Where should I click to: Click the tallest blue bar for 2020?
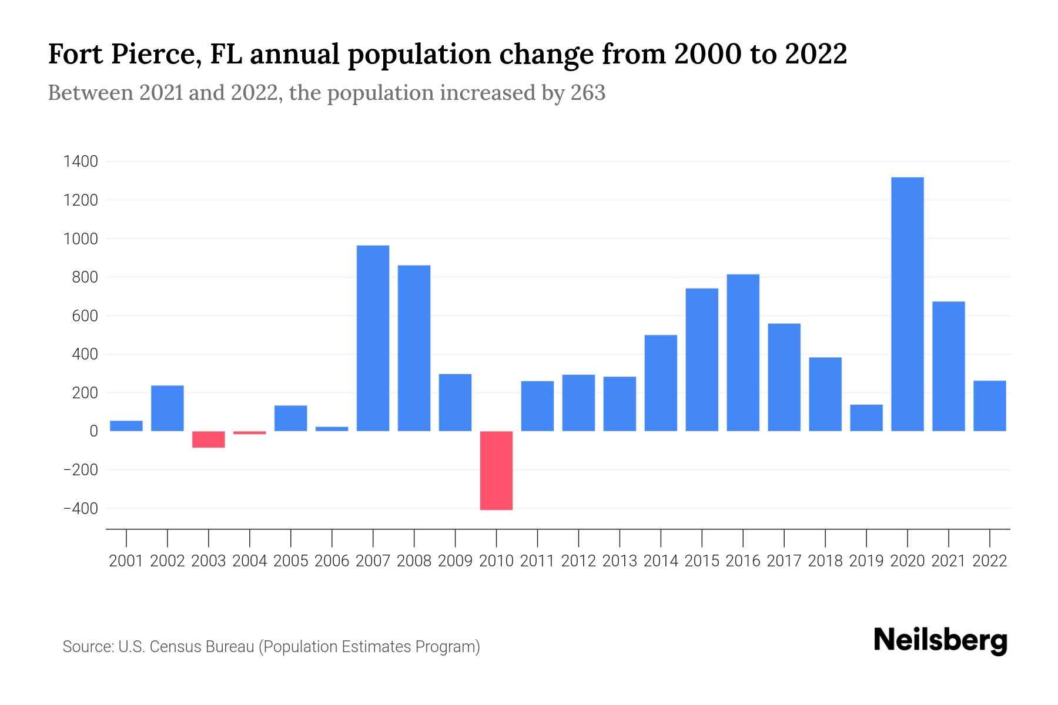pos(907,304)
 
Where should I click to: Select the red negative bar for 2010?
pos(496,470)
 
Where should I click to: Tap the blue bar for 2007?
pos(373,338)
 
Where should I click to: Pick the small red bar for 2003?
pos(209,439)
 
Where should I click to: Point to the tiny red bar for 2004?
pos(250,433)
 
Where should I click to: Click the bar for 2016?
pos(743,352)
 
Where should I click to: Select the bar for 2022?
pos(989,406)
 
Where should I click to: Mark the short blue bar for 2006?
pos(332,429)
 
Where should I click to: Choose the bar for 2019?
pos(866,418)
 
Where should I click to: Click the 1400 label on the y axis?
pos(81,162)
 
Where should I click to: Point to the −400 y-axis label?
pos(81,509)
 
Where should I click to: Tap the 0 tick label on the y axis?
pos(93,431)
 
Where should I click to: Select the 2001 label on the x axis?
pos(126,561)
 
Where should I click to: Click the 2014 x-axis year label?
pos(661,561)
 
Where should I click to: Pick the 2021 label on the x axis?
pos(948,561)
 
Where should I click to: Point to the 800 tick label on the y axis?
pos(85,277)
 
